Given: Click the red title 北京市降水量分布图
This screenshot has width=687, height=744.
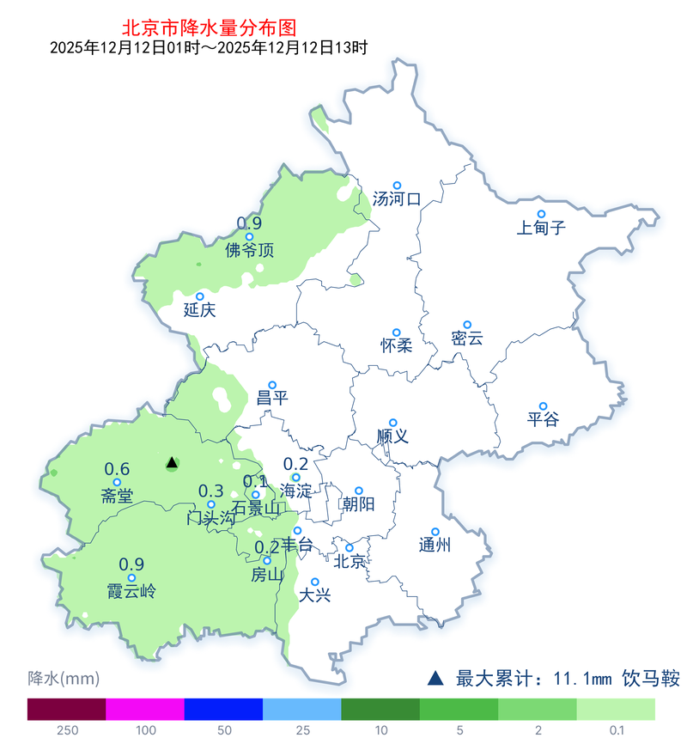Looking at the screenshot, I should coord(204,28).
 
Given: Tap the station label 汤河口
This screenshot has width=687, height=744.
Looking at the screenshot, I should coord(397,200).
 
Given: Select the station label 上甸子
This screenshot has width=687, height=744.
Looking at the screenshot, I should coord(542,229).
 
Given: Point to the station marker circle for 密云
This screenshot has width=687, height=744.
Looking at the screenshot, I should coord(467,324).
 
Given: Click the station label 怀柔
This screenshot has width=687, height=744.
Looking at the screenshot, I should coord(396,346).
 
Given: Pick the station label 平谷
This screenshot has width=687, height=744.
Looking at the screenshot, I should coord(543,420).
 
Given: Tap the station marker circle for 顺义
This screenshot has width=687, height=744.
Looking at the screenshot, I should coord(392,422).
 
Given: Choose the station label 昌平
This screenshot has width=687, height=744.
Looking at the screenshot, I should coord(272,399).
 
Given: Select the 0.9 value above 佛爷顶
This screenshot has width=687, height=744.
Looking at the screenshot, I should coord(249,224).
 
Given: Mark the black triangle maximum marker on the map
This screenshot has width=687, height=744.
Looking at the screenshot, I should coord(172,463).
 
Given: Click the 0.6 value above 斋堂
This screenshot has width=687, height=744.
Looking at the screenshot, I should coord(117,469).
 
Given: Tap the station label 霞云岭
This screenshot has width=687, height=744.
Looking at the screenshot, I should coord(131,591).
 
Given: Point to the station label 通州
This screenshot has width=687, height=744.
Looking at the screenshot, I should coord(435,546).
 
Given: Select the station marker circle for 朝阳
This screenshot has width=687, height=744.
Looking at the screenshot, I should coord(359,491).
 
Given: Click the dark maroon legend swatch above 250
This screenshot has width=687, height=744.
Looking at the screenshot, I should coord(66,709).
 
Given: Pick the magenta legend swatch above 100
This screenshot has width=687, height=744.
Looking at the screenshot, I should coord(145,709).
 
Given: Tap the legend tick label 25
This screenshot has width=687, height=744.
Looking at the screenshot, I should coord(302,730).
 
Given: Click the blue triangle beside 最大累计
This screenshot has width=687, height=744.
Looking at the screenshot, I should coord(436,679).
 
